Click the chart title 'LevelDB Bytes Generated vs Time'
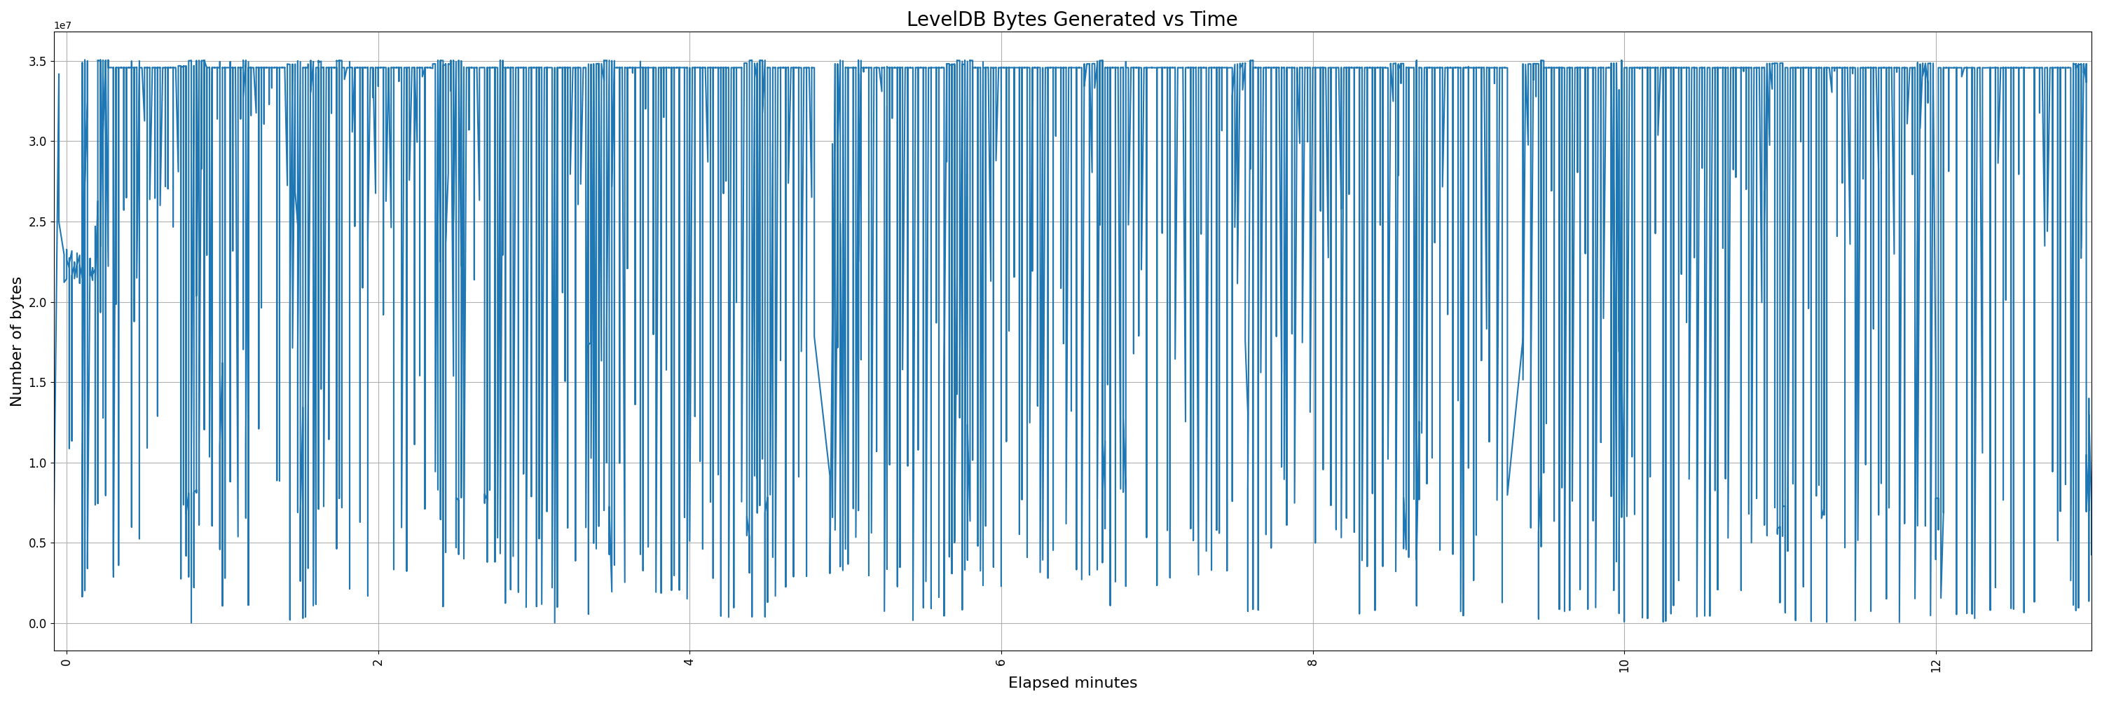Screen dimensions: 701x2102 (1071, 20)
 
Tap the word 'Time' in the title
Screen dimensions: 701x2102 (1214, 20)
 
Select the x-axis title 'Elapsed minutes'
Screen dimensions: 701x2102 (1072, 683)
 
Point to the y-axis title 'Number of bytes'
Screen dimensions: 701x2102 (16, 341)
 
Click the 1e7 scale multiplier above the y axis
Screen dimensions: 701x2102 (63, 25)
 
